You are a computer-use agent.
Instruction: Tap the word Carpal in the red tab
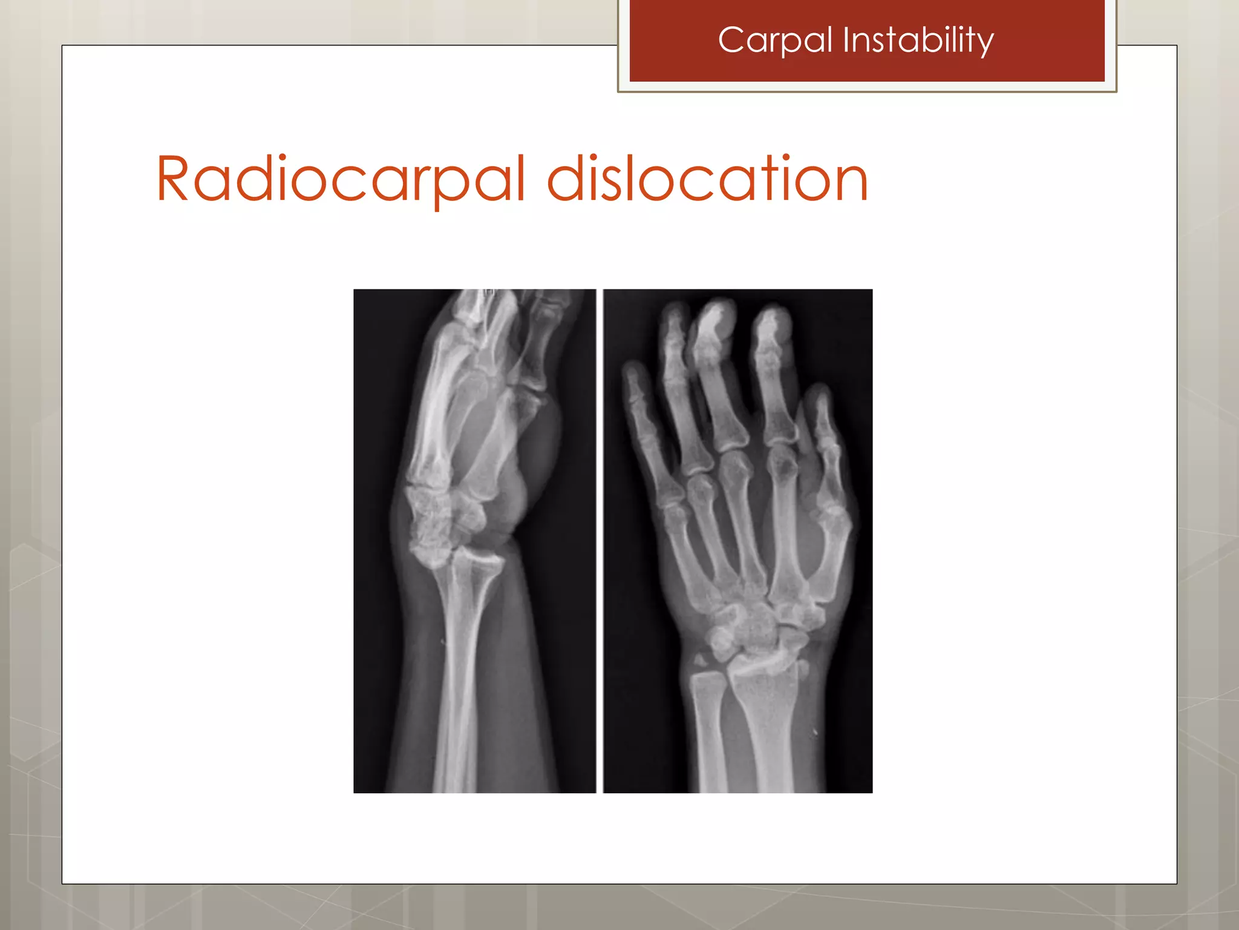pos(776,41)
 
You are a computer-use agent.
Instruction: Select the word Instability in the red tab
pos(918,41)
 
